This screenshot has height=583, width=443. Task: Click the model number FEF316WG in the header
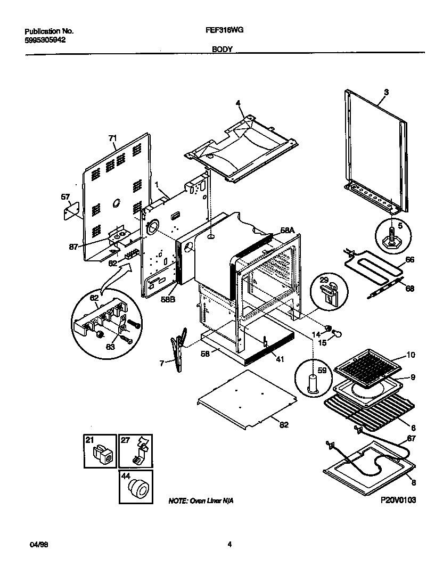[224, 31]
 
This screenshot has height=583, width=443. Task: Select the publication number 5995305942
[45, 39]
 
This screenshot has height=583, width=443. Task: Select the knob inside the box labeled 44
[140, 488]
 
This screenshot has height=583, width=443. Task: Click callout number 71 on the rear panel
[112, 138]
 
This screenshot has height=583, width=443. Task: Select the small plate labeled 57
[70, 213]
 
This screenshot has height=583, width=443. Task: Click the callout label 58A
[287, 230]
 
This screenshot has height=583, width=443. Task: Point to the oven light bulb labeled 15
[337, 333]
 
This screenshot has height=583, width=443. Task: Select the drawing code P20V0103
[398, 500]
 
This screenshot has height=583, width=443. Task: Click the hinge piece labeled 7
[178, 349]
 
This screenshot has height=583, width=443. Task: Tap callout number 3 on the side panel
[386, 92]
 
